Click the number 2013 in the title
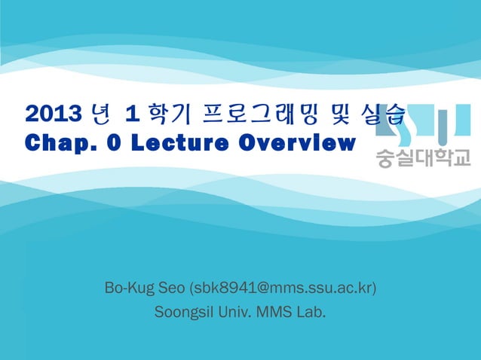pos(54,114)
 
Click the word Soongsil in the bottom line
pos(181,311)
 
